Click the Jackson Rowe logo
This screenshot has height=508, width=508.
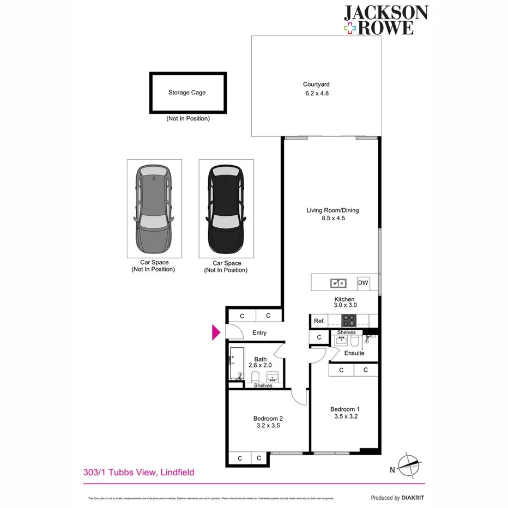pos(385,20)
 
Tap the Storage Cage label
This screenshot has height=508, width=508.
pos(187,93)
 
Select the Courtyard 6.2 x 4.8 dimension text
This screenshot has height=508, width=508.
pos(316,93)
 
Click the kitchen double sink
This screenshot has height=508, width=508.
pos(338,283)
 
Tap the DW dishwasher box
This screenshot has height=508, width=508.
pos(363,283)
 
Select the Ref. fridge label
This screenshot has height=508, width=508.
pos(319,321)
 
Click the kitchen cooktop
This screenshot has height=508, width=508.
pos(348,321)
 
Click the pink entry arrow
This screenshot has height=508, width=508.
pos(216,332)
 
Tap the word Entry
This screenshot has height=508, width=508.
pos(259,333)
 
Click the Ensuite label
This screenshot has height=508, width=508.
pos(354,353)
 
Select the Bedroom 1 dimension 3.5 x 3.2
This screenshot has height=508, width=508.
pos(345,416)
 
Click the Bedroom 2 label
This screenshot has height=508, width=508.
pos(268,419)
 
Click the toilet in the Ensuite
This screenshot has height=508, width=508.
pos(354,342)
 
